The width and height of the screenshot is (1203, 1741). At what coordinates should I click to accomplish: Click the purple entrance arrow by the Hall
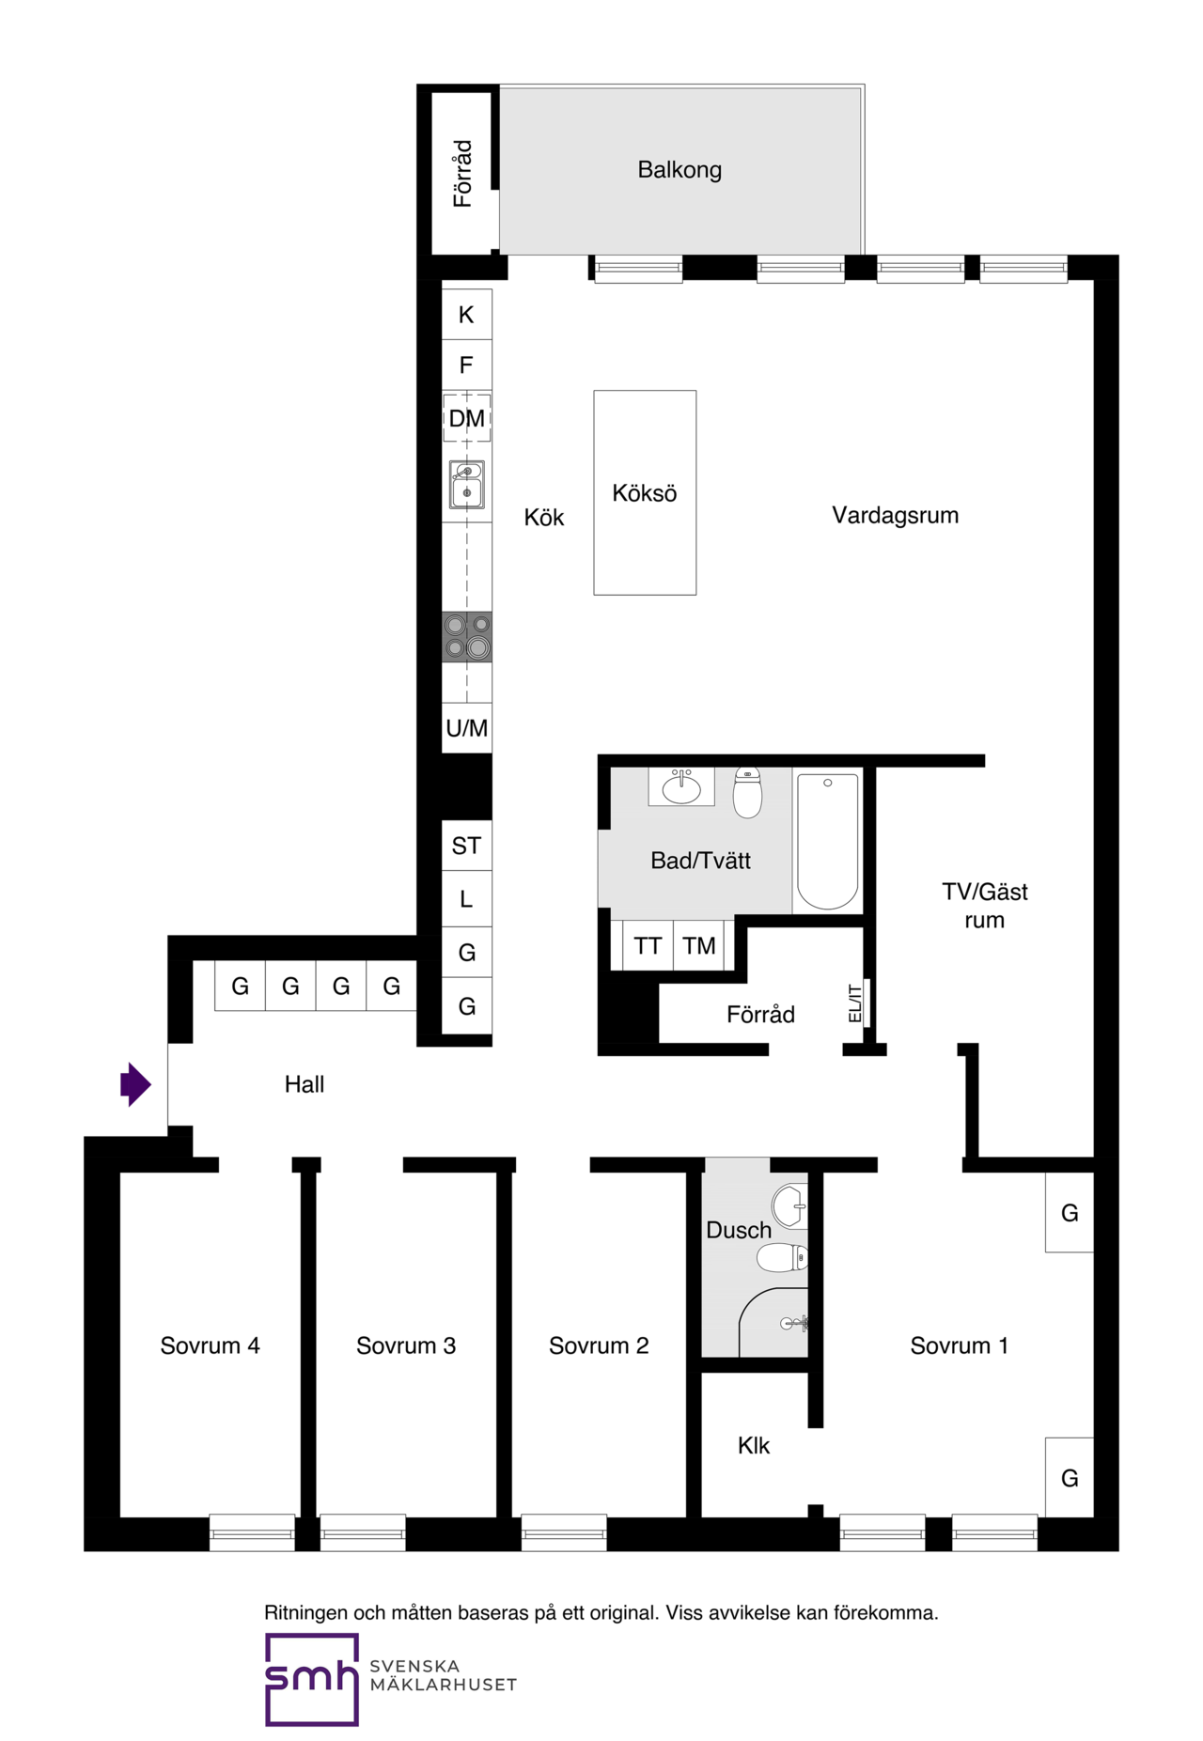135,1084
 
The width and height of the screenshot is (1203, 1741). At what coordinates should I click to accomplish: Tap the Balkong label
680,170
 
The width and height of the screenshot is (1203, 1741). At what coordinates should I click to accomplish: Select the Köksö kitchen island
645,492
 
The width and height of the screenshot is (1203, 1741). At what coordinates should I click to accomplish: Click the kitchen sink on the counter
467,484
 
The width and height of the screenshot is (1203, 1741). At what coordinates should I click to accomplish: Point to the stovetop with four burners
467,636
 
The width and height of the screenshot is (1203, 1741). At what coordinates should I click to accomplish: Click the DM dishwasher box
467,418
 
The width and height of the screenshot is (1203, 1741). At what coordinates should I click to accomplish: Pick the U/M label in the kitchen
467,728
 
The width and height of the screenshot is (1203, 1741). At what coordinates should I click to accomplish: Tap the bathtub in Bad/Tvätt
827,841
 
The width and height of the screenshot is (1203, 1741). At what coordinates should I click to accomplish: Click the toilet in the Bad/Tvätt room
747,792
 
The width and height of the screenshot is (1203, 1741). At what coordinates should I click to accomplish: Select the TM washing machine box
699,945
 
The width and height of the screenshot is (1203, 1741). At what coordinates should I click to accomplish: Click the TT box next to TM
648,945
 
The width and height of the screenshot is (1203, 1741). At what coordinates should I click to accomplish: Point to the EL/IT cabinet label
854,1003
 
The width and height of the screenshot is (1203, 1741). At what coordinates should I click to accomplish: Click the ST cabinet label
466,846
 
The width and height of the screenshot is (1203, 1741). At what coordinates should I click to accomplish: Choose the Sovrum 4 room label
210,1345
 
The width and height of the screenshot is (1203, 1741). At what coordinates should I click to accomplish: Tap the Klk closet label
754,1445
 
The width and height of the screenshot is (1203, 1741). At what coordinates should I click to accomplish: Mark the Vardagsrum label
895,515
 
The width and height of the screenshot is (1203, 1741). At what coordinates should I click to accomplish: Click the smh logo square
312,1679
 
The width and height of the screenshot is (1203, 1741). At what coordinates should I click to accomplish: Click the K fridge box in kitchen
467,315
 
